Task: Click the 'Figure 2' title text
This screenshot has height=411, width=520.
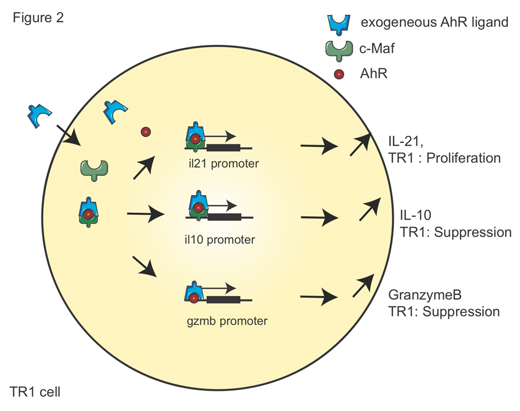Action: coord(38,18)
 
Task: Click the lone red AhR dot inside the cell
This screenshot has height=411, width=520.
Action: coord(145,132)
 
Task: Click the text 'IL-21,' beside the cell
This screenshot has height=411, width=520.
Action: coord(403,142)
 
